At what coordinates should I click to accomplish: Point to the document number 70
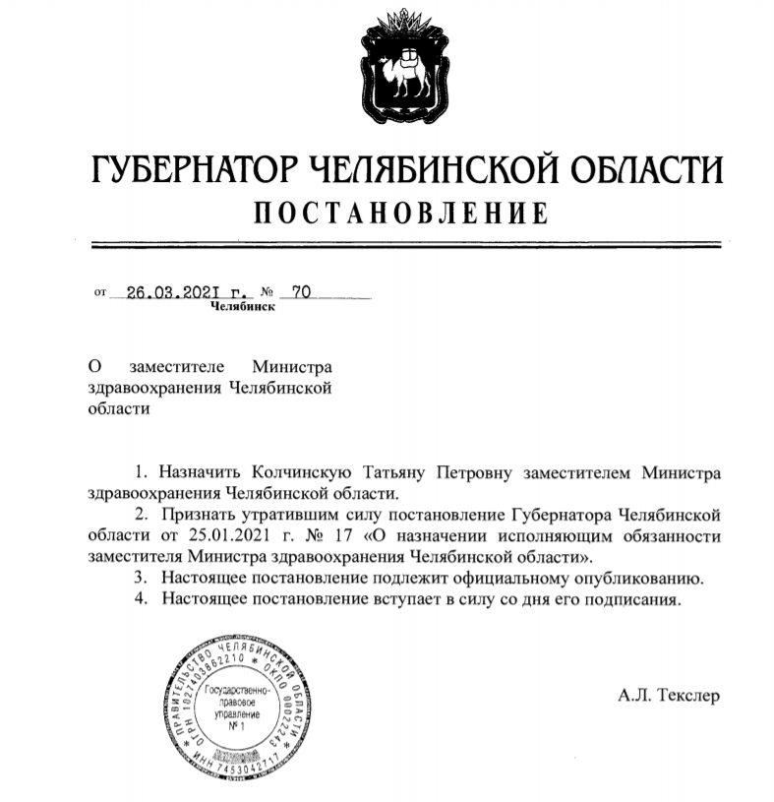(301, 291)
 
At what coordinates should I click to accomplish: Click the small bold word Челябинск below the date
(243, 306)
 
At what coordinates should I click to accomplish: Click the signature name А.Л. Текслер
(669, 696)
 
